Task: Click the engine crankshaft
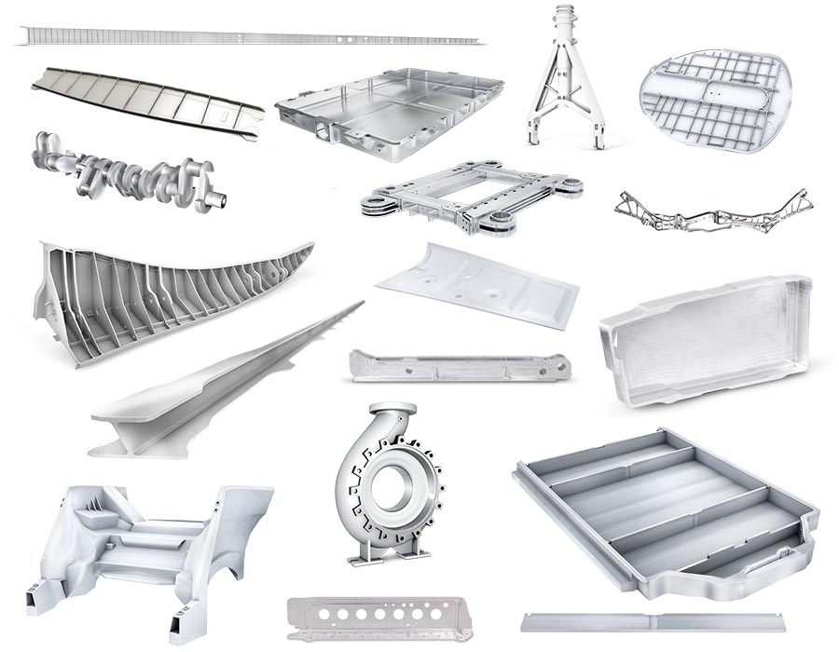point(131,172)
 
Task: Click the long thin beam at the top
point(247,38)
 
